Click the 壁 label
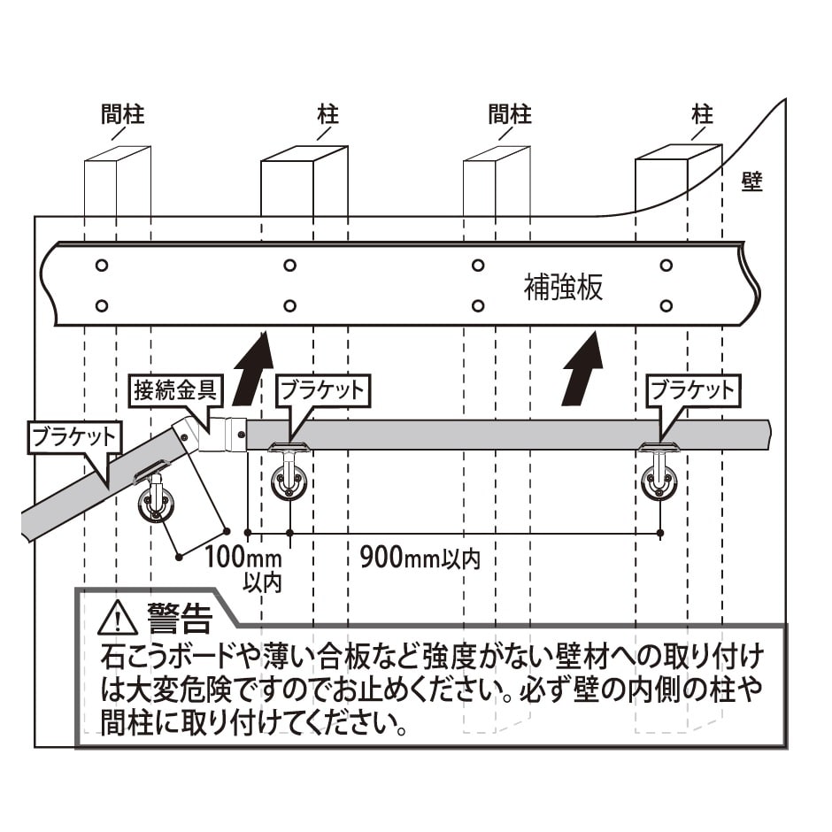[751, 182]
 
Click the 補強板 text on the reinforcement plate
[564, 288]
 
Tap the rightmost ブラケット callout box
[692, 390]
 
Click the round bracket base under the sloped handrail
[157, 506]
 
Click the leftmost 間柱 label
[122, 114]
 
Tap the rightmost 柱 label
[703, 114]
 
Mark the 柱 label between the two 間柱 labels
[327, 114]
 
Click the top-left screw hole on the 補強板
[102, 265]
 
